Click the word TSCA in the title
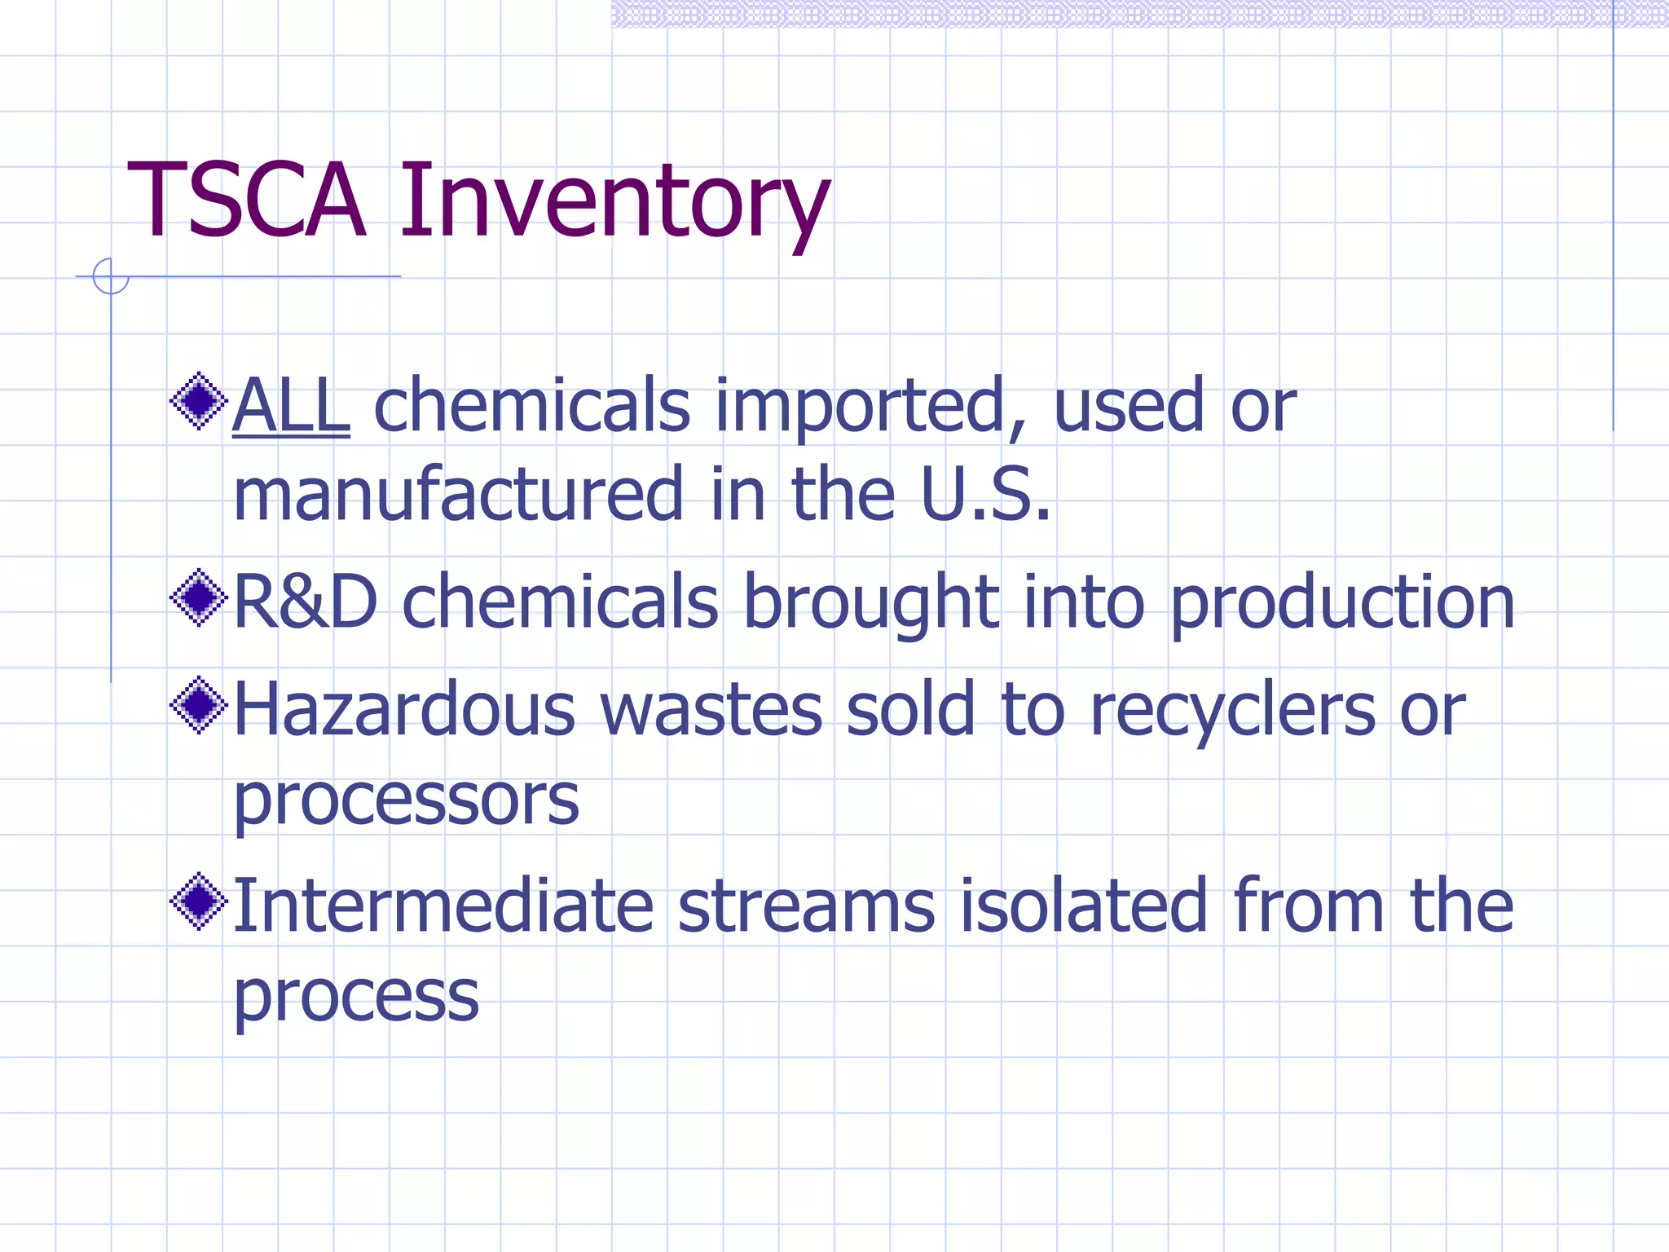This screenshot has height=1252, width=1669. point(246,201)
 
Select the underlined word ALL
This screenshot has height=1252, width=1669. point(291,405)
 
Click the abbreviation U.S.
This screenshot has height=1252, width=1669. point(985,494)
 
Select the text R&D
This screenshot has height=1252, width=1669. point(306,602)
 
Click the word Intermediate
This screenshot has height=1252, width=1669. point(443,906)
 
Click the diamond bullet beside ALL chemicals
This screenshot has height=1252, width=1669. point(198,401)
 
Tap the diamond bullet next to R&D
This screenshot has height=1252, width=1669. point(198,598)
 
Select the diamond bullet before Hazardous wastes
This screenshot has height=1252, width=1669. point(198,705)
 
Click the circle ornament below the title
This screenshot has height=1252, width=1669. point(110,276)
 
